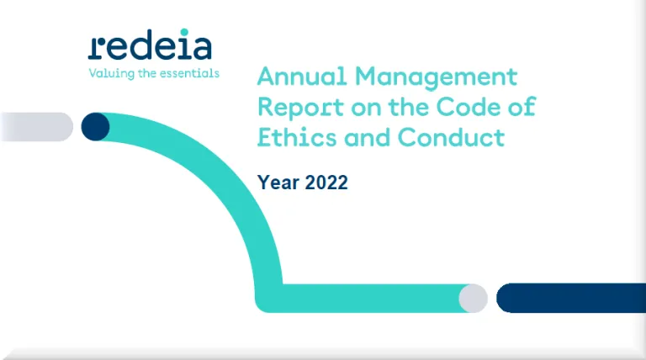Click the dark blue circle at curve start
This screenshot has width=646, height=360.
click(x=96, y=127)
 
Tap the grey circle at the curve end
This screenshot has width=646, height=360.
click(x=474, y=298)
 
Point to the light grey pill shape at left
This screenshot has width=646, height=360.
click(x=38, y=127)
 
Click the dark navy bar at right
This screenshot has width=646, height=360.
click(x=571, y=298)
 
